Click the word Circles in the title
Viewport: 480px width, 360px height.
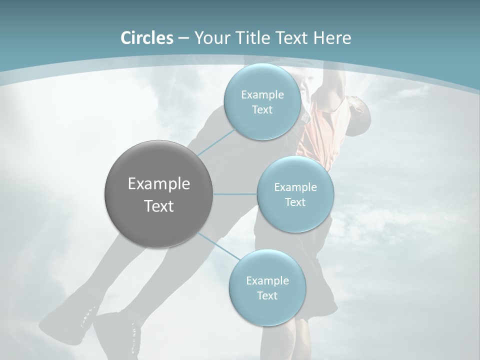click(x=146, y=38)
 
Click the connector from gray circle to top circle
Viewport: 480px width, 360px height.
click(x=216, y=143)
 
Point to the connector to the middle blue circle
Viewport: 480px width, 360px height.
click(x=235, y=194)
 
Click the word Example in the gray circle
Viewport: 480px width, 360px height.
click(x=159, y=184)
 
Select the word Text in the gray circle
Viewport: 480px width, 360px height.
click(x=159, y=206)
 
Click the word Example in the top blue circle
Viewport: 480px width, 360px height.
click(x=262, y=95)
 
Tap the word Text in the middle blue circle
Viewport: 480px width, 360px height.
click(x=295, y=202)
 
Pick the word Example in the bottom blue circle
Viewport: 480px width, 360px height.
click(x=267, y=281)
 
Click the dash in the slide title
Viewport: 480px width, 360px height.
click(x=183, y=38)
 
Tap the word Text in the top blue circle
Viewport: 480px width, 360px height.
click(x=262, y=110)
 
